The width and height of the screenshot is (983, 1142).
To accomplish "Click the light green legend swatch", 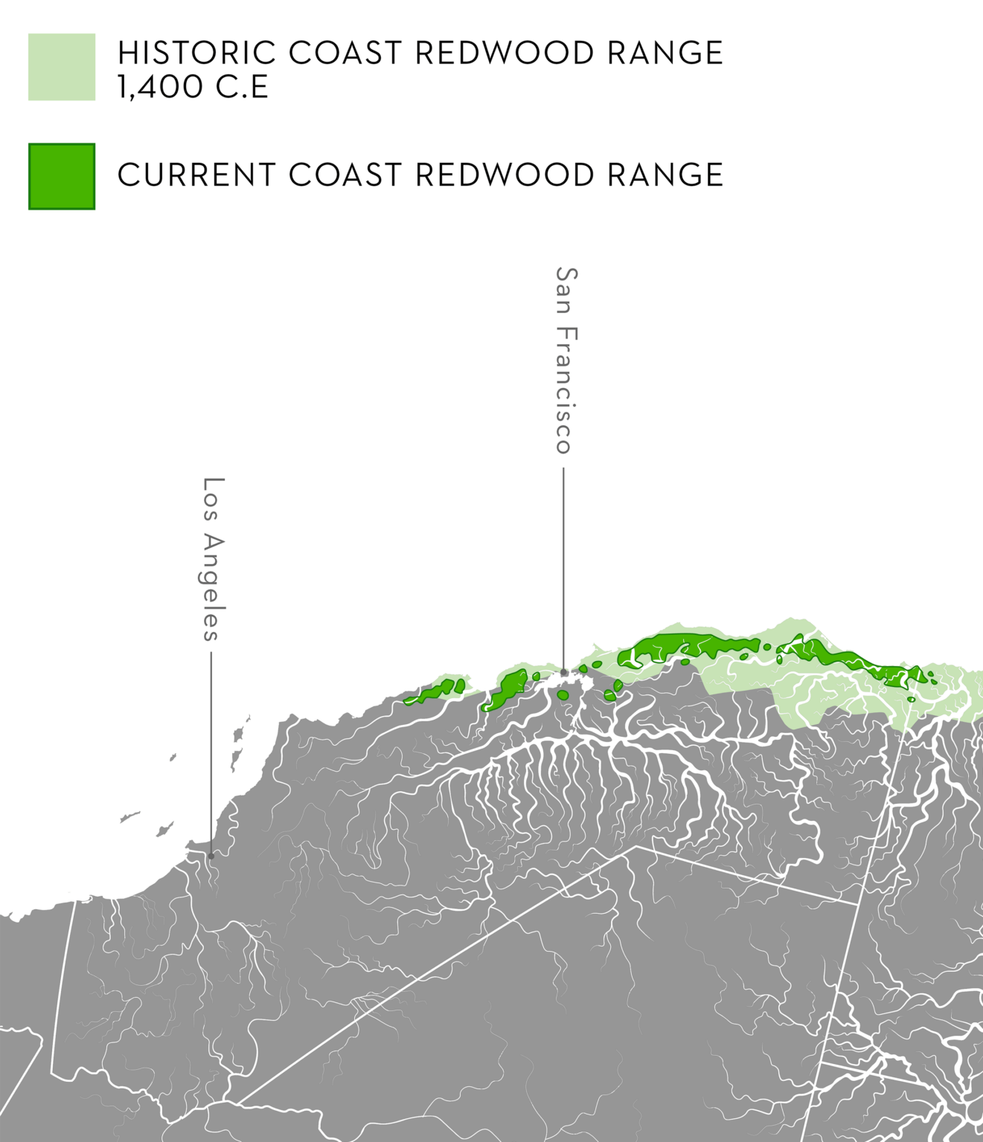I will (x=62, y=67).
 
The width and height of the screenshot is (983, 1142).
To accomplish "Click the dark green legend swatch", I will (x=62, y=176).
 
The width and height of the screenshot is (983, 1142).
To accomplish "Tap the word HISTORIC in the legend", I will (x=196, y=54).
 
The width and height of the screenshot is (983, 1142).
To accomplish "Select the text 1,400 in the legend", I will (x=160, y=87).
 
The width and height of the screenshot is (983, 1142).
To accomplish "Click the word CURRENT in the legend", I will (x=196, y=175).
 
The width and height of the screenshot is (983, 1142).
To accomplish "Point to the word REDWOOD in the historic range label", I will (x=505, y=54).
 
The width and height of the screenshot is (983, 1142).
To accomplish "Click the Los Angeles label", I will (x=214, y=559).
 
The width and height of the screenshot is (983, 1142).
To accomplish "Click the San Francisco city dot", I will (x=564, y=673).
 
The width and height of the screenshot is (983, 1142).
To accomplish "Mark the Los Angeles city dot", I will (x=211, y=856).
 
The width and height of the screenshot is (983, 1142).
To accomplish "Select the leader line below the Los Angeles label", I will (x=211, y=751).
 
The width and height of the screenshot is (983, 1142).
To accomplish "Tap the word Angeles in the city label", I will (x=214, y=587).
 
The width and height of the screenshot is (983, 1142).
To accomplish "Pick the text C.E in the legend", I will (x=242, y=87).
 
